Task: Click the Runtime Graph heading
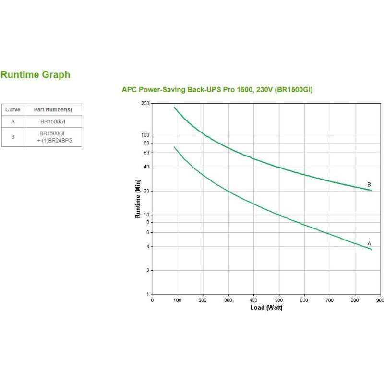point(36,75)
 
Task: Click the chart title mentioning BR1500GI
point(217,90)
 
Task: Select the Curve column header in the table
point(12,110)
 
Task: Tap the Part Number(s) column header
point(53,110)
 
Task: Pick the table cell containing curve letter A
point(12,121)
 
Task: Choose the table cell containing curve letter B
point(12,137)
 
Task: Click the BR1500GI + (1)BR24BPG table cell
point(53,137)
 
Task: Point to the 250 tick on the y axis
point(145,103)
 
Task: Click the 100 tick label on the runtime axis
point(145,135)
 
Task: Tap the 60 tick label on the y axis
point(146,153)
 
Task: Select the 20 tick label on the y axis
point(146,191)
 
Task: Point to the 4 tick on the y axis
point(148,247)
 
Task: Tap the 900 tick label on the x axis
point(380,300)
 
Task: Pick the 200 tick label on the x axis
point(203,300)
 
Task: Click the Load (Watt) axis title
point(266,307)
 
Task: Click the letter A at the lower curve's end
point(369,244)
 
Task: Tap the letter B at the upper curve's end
point(369,184)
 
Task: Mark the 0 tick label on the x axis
point(153,300)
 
